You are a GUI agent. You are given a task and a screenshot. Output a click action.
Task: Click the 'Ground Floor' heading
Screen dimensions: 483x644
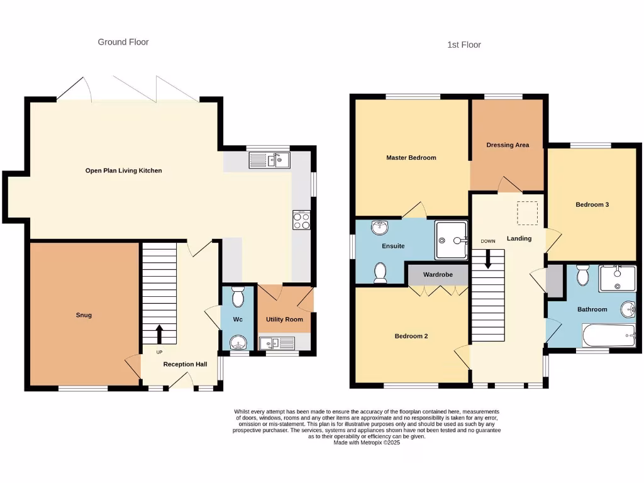coord(123,42)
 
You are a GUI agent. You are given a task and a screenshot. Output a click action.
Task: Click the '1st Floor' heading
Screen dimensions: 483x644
coord(464,45)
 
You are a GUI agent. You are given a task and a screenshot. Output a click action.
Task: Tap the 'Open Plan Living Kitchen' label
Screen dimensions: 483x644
coord(123,170)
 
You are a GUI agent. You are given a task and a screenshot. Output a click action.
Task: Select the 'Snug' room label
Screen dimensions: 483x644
coord(84,315)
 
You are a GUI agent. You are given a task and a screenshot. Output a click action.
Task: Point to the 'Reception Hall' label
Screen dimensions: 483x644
coord(185,364)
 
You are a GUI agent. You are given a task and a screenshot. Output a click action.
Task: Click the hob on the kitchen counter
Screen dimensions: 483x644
coord(301,220)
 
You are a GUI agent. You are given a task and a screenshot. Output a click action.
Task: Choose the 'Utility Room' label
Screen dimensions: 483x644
coord(284,319)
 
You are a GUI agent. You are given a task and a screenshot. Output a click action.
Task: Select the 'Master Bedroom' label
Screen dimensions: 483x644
coord(411,158)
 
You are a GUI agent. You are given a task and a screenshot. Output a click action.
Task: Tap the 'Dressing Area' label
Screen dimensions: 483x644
coord(508,145)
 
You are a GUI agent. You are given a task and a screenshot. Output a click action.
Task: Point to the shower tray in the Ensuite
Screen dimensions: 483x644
coord(452,240)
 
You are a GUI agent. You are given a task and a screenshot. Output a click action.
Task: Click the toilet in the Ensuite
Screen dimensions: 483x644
coord(380,273)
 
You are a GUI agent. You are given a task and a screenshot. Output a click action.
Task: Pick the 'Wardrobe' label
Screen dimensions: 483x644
coord(438,275)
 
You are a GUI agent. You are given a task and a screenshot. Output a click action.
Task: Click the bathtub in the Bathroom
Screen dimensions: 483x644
coord(608,336)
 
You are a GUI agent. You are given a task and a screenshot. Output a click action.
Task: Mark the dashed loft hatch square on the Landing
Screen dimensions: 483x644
coord(528,213)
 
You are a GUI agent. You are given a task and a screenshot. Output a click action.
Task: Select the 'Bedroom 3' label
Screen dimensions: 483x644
coord(592,204)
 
